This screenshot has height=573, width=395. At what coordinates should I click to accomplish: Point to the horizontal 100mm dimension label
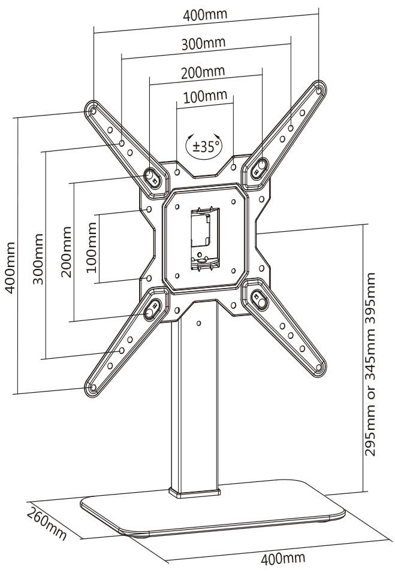click(x=205, y=96)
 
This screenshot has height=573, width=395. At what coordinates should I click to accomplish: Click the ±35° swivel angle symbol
click(x=204, y=145)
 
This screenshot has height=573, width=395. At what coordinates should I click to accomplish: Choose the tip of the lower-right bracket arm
click(x=318, y=369)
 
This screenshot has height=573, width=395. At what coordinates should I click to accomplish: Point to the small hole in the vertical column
click(x=198, y=323)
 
